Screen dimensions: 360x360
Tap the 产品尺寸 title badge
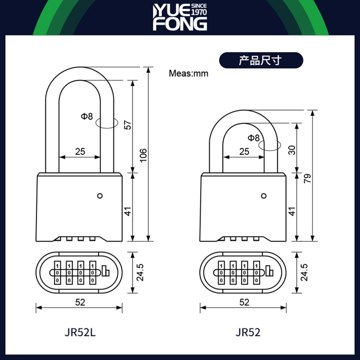tap(260, 60)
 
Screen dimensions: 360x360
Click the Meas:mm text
tap(188, 73)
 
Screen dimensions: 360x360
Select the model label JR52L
tap(80, 332)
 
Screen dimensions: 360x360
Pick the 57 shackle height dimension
tap(127, 125)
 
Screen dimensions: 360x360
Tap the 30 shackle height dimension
tap(292, 150)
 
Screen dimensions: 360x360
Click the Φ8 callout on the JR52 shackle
tap(253, 138)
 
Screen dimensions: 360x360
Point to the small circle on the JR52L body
tap(100, 195)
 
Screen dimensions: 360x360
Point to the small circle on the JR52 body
tap(264, 195)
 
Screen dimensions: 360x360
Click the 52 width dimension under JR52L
tap(80, 302)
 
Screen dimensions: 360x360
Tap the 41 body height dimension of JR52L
tap(128, 211)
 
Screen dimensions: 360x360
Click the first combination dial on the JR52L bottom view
tap(57, 273)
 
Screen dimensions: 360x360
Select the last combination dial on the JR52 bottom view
tap(256, 273)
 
